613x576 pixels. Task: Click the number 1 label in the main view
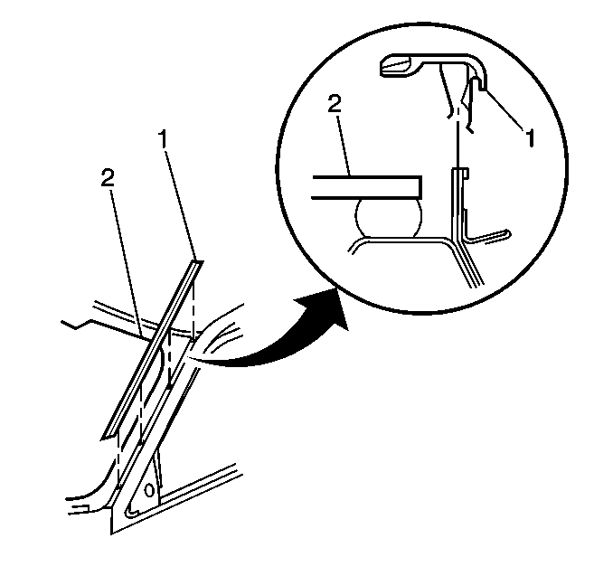tap(163, 139)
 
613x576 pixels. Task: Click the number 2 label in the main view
tap(108, 176)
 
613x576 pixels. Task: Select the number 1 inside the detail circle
tap(530, 138)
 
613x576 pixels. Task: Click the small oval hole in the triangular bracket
tap(149, 490)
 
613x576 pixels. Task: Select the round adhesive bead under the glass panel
tap(389, 217)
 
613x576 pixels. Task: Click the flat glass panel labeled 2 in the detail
tap(367, 187)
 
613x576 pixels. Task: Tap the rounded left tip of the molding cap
tap(382, 67)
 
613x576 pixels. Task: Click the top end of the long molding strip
tap(198, 261)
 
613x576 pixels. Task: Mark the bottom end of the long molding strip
tap(105, 437)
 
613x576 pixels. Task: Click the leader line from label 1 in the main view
tap(180, 204)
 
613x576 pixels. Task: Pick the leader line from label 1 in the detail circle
tap(505, 109)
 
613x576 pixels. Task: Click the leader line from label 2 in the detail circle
tap(344, 145)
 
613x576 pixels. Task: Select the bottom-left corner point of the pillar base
tap(111, 534)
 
